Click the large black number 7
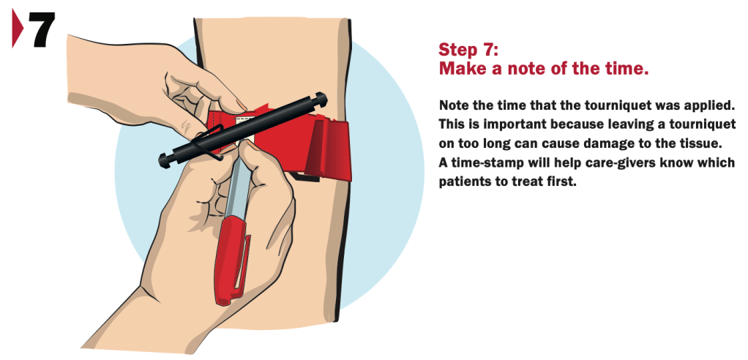[x=42, y=29]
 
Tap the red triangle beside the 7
[x=17, y=29]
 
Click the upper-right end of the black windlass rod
[x=321, y=99]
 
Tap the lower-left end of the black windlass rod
[x=164, y=160]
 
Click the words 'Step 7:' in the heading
[x=468, y=49]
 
